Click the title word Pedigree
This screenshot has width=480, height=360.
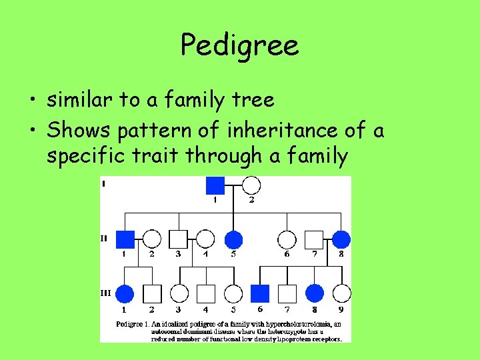[239, 45]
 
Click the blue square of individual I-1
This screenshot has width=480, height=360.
[215, 185]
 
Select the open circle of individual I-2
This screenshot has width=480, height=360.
[251, 185]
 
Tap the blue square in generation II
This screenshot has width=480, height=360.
[125, 239]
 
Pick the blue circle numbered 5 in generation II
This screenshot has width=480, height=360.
[233, 239]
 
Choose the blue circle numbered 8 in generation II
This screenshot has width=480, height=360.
[341, 239]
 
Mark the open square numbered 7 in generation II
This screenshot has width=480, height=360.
[313, 239]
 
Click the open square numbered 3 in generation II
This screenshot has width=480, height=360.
[178, 239]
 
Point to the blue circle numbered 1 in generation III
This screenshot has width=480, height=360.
[125, 293]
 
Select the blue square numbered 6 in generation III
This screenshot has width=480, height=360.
[260, 293]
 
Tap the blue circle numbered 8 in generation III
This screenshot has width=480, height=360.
[314, 293]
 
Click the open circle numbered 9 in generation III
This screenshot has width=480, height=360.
[341, 293]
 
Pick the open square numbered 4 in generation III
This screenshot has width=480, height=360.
[206, 293]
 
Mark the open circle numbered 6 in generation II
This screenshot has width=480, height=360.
[287, 239]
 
